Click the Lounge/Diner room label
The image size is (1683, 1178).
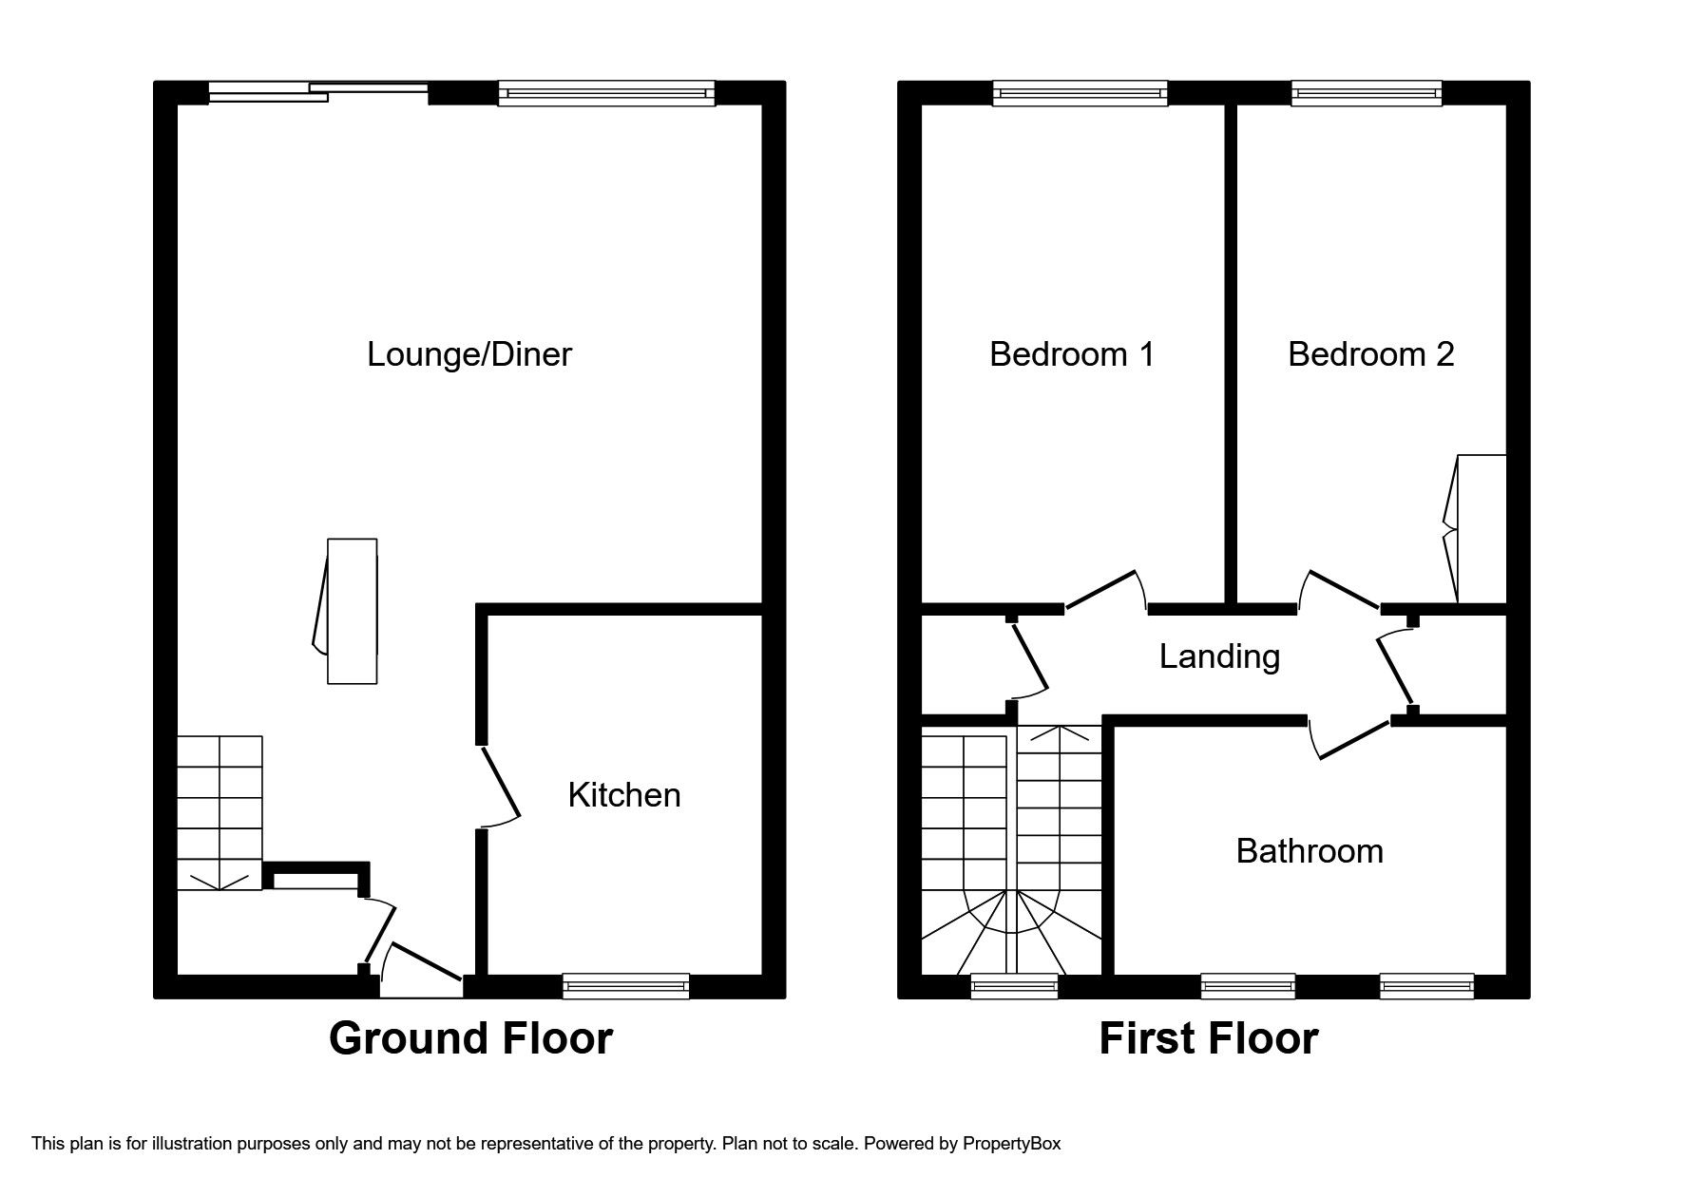coord(469,354)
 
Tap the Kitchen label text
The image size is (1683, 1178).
coord(623,795)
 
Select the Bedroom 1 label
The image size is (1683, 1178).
coord(1071,354)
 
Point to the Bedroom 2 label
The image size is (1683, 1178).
coord(1370,354)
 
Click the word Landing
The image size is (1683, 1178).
coord(1219,656)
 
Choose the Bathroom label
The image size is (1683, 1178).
coord(1309,851)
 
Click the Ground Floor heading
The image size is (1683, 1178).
coord(470,1038)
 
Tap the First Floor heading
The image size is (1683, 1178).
coord(1208,1038)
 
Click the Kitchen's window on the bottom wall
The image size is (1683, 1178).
coord(625,986)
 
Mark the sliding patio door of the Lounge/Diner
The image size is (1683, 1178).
coord(318,92)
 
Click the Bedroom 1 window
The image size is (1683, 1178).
coord(1081,92)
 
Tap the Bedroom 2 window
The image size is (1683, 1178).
coord(1367,92)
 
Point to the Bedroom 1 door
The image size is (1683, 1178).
coord(1102,590)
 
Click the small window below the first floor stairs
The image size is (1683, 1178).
coord(1014,986)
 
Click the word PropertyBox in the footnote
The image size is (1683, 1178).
coord(1011,1144)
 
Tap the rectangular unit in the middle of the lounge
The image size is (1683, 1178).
coord(352,610)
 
